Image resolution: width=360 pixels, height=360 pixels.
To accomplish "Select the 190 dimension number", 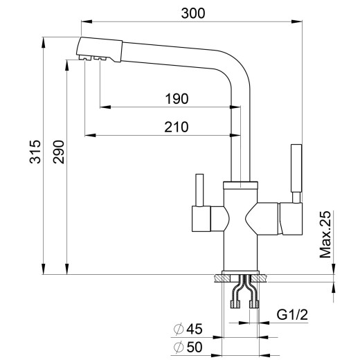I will point(177,98).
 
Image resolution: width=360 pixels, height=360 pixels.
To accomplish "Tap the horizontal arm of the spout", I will point(173,53).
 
